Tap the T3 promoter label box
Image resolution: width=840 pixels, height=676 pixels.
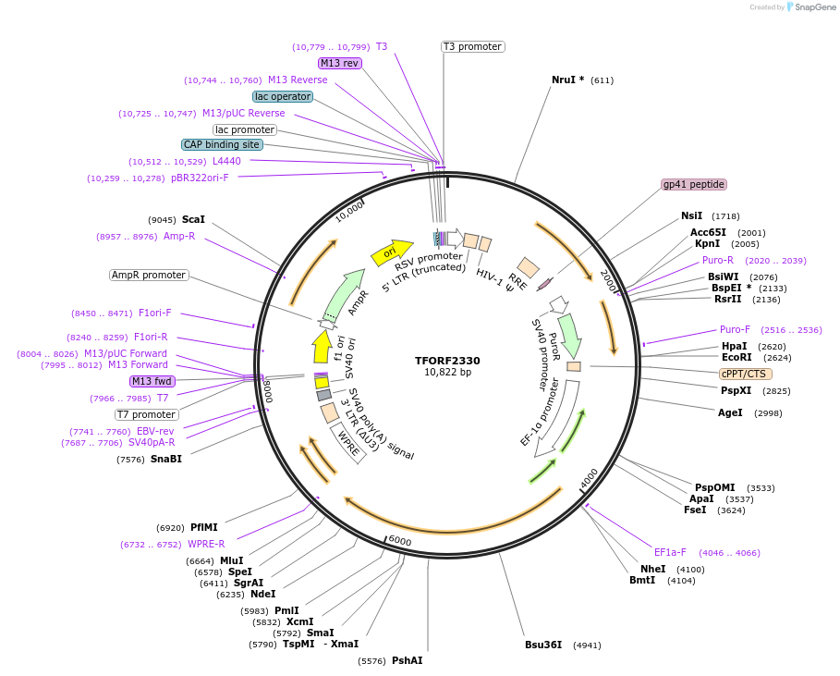[472, 46]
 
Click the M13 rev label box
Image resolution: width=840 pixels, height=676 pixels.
[339, 63]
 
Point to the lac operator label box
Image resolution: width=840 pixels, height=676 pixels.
[283, 96]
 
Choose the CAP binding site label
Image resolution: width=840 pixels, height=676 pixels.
[222, 144]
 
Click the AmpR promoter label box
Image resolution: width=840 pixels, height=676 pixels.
[149, 275]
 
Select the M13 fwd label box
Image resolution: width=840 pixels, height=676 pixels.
[152, 381]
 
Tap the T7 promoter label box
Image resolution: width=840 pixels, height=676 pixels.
[146, 414]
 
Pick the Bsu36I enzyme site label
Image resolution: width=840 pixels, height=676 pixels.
[543, 645]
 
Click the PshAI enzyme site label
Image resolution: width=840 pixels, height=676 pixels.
[407, 660]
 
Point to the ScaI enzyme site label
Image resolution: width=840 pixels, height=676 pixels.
[193, 219]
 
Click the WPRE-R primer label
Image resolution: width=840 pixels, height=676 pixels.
[206, 544]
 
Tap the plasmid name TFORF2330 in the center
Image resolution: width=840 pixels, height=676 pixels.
[447, 361]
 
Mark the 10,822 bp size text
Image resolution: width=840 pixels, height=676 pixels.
[447, 373]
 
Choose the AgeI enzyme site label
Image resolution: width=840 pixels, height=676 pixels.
[730, 412]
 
